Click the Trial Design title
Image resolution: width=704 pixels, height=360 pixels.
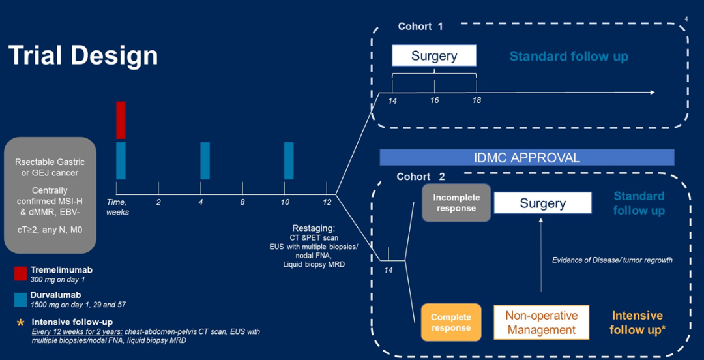pyautogui.click(x=83, y=55)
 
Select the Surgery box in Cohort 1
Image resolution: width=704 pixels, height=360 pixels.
pyautogui.click(x=434, y=56)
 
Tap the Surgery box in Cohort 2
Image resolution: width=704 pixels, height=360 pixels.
pyautogui.click(x=542, y=203)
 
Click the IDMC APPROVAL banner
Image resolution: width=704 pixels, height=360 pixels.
pyautogui.click(x=527, y=157)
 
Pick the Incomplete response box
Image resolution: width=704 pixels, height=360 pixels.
pyautogui.click(x=456, y=203)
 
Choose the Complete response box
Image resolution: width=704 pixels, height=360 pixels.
pyautogui.click(x=451, y=322)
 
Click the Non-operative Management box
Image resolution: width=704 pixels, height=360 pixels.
pyautogui.click(x=541, y=322)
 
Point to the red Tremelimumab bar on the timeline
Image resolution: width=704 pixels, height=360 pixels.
pyautogui.click(x=121, y=119)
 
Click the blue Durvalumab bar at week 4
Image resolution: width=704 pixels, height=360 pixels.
pyautogui.click(x=205, y=160)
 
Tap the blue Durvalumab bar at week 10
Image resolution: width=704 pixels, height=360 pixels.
pyautogui.click(x=289, y=160)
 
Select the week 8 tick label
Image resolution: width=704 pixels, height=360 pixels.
pyautogui.click(x=242, y=202)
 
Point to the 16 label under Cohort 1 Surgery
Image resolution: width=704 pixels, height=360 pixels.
pyautogui.click(x=434, y=100)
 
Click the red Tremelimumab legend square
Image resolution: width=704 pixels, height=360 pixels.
pyautogui.click(x=21, y=273)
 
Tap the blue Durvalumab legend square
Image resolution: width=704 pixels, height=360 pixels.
pyautogui.click(x=21, y=299)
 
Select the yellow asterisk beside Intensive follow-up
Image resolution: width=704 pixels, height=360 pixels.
pyautogui.click(x=20, y=323)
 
